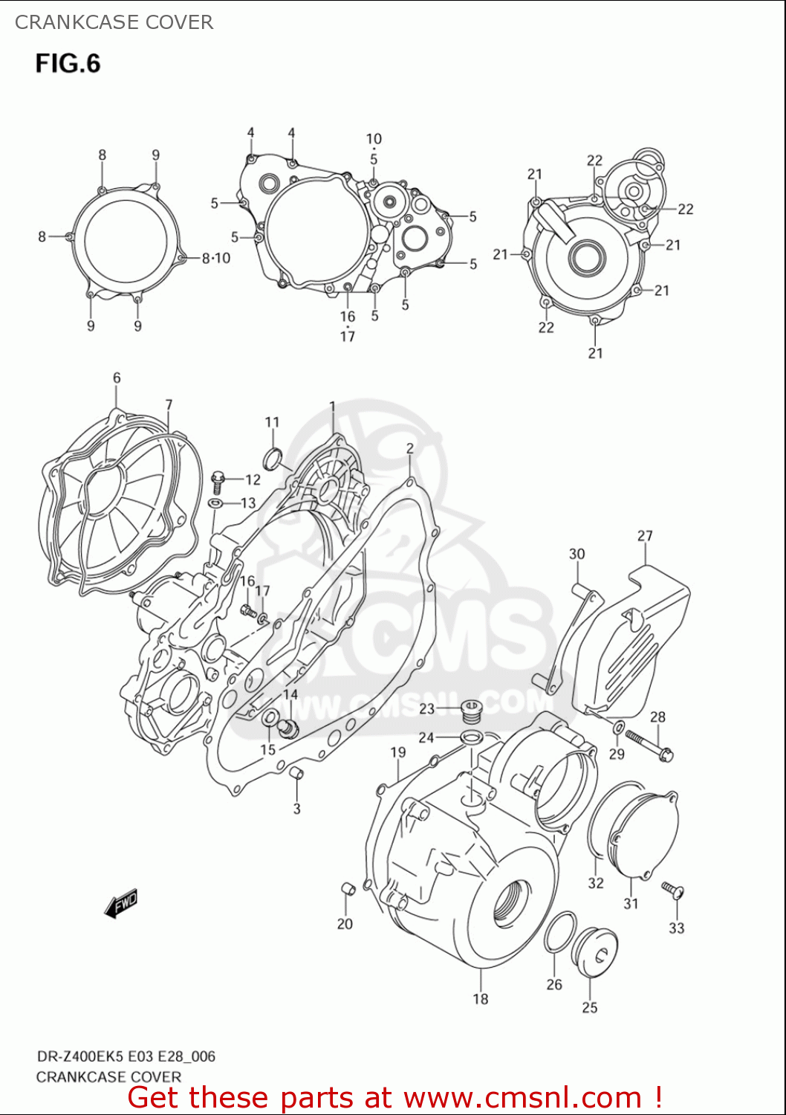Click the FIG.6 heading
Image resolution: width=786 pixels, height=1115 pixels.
pos(68,63)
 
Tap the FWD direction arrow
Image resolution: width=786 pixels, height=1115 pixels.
pos(121,903)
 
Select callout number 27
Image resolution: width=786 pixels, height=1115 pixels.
pos(645,535)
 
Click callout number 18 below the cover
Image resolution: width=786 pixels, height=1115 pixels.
pos(481,999)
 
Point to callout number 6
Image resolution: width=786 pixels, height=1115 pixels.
pos(117,378)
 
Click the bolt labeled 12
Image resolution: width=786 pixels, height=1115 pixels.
pos(218,481)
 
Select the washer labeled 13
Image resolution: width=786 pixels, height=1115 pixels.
pos(215,504)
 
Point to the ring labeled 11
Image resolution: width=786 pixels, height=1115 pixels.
pos(273,459)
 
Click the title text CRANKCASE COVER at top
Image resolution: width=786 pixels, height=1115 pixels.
pos(114,22)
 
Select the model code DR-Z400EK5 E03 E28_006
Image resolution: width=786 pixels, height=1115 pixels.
pos(126,1056)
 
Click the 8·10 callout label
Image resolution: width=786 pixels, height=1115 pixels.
pos(216,258)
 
